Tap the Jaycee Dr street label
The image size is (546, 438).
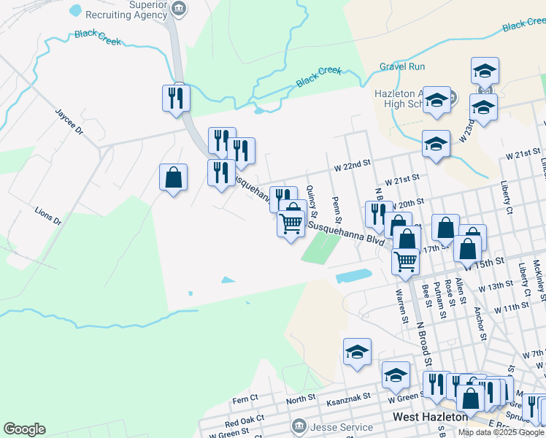[x=70, y=123]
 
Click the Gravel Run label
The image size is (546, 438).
[x=401, y=66]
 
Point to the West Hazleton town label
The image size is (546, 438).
[x=429, y=417]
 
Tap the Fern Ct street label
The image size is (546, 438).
[x=245, y=399]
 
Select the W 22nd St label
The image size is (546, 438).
[x=353, y=166]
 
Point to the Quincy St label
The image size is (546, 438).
[x=312, y=201]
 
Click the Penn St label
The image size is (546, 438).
[x=337, y=210]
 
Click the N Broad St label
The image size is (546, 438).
[x=423, y=350]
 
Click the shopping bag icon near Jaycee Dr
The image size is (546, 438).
[x=174, y=178]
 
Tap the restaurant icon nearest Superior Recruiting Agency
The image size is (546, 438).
[x=176, y=98]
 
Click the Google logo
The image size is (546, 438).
[x=24, y=429]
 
